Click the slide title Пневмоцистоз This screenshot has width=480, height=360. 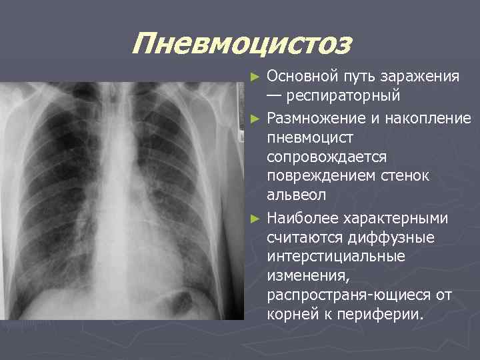[x=241, y=44]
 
